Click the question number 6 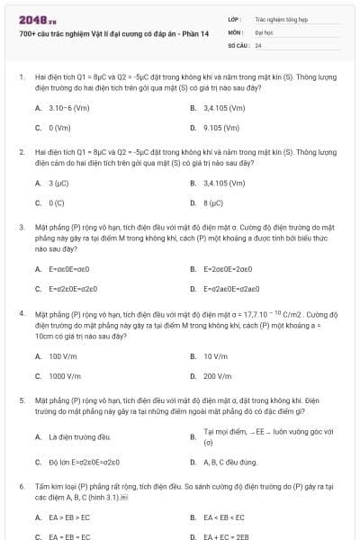(21, 485)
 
